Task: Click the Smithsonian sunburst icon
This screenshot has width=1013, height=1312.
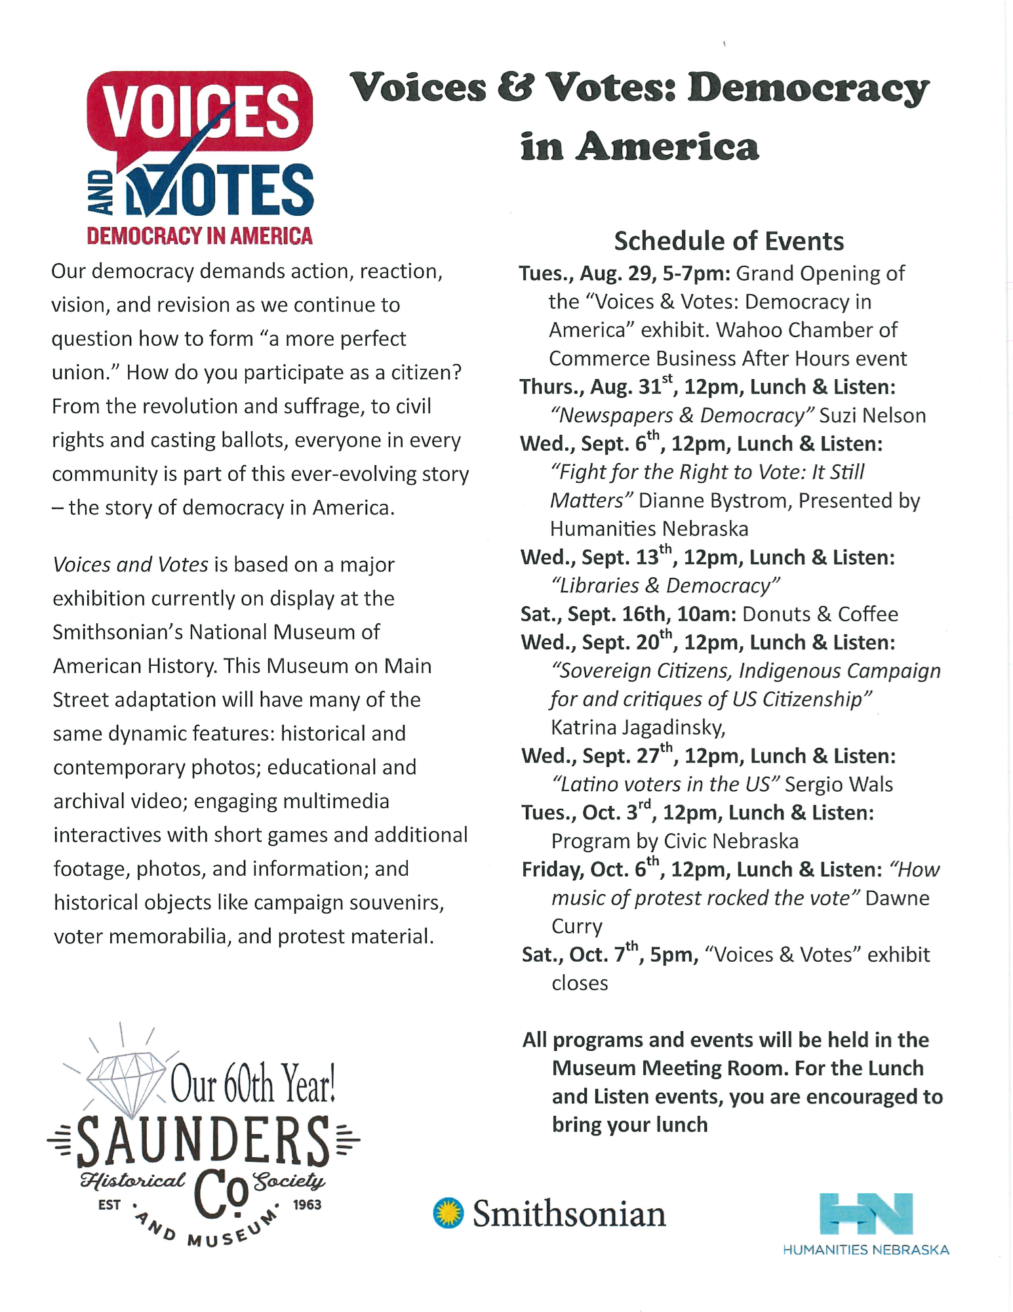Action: tap(448, 1213)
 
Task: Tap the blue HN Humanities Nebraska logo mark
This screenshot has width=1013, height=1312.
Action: tap(866, 1214)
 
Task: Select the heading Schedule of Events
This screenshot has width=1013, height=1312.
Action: tap(728, 241)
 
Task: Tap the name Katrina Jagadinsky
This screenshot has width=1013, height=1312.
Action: tap(638, 728)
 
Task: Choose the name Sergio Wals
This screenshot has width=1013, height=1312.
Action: tap(839, 785)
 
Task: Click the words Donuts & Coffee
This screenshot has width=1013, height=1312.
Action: tap(820, 614)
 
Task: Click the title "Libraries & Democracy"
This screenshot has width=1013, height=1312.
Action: tap(666, 586)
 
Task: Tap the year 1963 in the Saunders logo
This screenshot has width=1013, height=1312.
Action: tap(308, 1204)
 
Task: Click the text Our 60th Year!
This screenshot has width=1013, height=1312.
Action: tap(253, 1084)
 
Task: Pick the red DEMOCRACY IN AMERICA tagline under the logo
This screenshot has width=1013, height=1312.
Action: tap(199, 236)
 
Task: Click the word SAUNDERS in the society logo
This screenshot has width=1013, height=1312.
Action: tap(203, 1142)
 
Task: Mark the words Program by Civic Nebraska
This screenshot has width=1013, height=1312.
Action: tap(675, 841)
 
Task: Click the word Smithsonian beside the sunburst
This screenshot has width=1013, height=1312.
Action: tap(569, 1214)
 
